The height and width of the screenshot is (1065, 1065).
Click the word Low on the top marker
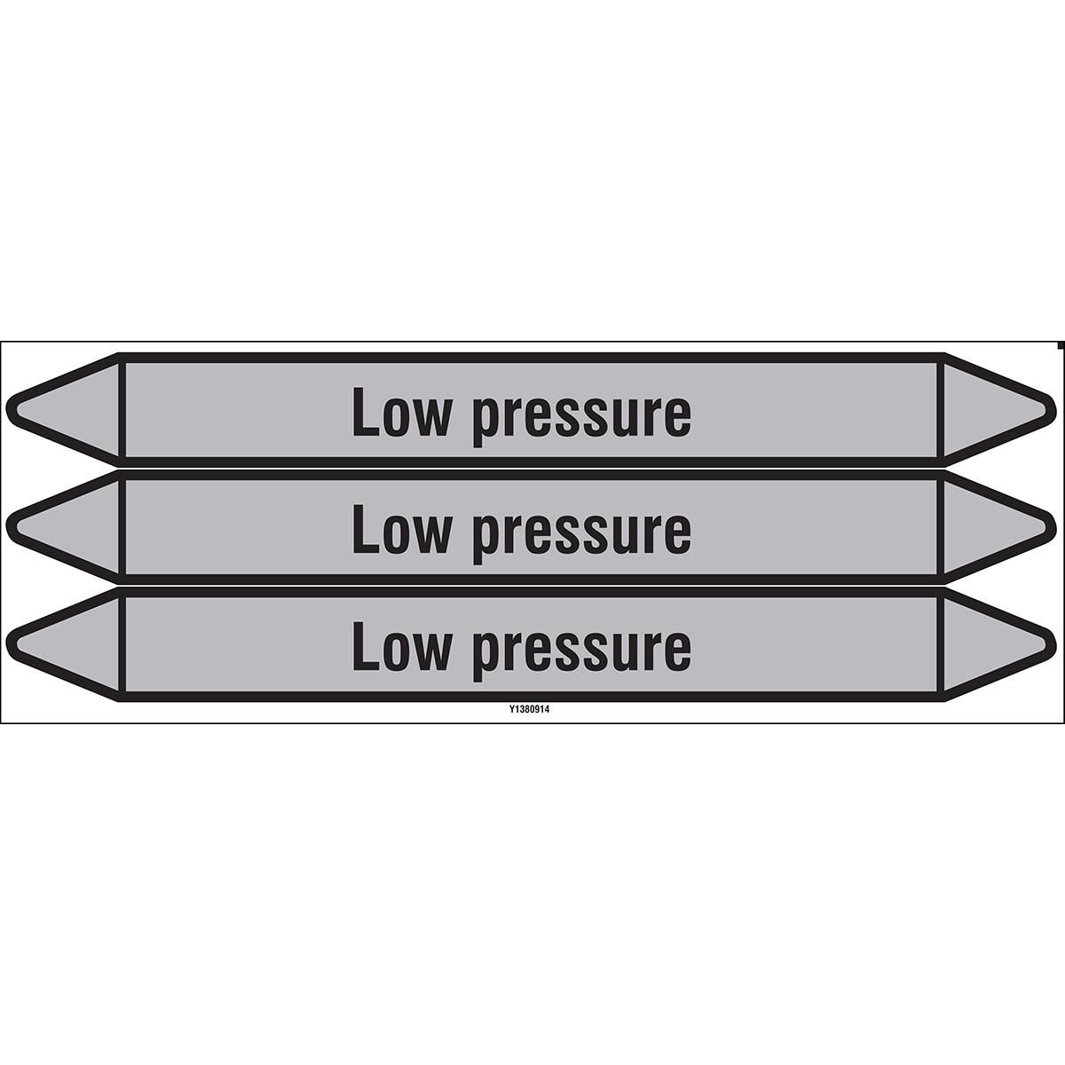tap(401, 411)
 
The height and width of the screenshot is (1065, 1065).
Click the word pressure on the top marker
tap(582, 418)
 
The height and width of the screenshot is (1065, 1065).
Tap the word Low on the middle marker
tap(401, 528)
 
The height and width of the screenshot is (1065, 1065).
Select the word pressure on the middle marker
tap(582, 535)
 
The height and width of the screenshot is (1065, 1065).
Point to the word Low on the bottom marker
tap(401, 645)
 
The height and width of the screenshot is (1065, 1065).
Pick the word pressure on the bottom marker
tap(582, 652)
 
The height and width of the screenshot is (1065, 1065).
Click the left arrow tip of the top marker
tap(7, 410)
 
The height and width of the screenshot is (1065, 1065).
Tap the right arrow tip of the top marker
tap(1054, 410)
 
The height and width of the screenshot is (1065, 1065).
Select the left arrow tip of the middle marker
tap(7, 527)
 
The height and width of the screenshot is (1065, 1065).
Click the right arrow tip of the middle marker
tap(1054, 527)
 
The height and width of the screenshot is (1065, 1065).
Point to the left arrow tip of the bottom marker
tap(7, 644)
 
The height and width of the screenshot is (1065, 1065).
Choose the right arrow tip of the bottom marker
tap(1054, 644)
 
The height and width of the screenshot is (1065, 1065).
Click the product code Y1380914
tap(525, 711)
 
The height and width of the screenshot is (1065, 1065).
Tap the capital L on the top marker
tap(366, 411)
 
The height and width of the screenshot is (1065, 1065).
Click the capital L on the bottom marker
tap(366, 645)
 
